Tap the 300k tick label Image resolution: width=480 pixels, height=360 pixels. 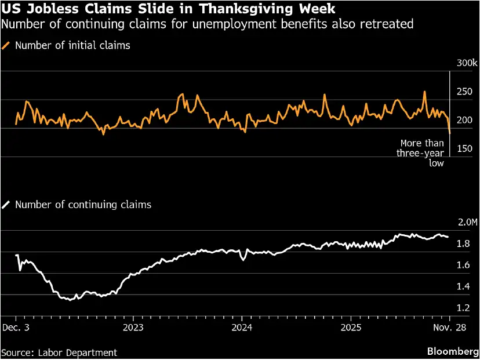click(467, 63)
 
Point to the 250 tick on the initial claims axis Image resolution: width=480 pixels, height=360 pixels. click(465, 92)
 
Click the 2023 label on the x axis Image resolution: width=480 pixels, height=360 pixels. click(133, 328)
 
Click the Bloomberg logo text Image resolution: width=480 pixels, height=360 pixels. click(450, 352)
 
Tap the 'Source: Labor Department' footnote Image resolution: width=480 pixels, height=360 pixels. click(59, 352)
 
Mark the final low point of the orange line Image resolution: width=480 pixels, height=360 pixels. click(449, 134)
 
